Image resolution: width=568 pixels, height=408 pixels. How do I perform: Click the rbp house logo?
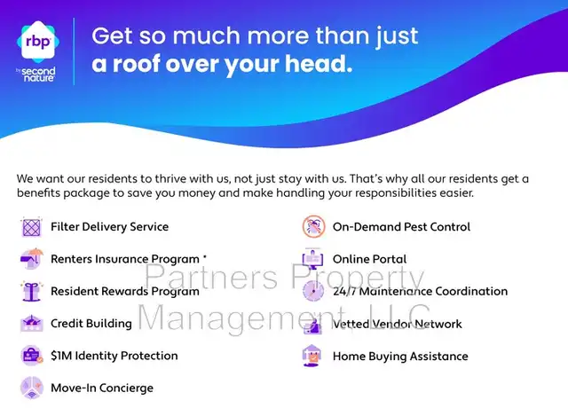(38, 41)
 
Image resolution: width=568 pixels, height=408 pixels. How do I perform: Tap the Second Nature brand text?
(37, 75)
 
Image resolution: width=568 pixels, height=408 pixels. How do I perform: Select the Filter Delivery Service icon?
(32, 227)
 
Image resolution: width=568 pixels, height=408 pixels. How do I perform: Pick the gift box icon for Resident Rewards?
(32, 291)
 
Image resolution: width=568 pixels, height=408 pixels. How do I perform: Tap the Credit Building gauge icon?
(32, 323)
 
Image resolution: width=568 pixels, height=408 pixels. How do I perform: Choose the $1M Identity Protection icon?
(32, 356)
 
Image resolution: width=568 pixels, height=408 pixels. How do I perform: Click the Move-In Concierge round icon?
(32, 388)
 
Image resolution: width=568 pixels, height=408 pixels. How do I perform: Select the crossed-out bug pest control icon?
(313, 227)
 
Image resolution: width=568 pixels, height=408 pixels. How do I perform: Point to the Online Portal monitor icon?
(313, 258)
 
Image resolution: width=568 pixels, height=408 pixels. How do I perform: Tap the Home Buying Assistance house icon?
(312, 356)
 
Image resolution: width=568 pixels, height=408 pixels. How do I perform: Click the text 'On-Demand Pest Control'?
(401, 227)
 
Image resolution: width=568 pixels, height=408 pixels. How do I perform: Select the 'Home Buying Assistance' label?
(400, 357)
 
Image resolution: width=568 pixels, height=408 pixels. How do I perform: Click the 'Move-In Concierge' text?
(102, 388)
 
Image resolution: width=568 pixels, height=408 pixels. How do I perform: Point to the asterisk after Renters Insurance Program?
(205, 256)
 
